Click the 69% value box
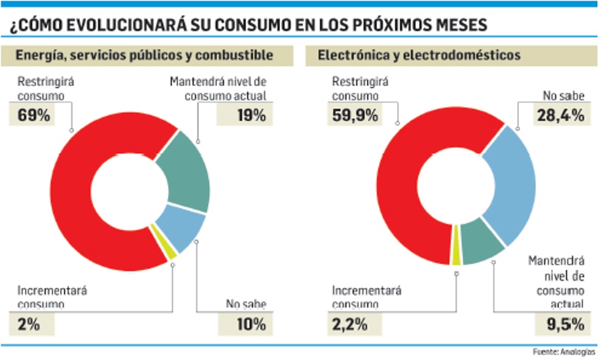tap(34, 115)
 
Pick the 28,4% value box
tap(560, 115)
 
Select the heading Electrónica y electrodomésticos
tap(418, 56)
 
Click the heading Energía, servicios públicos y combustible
tap(144, 56)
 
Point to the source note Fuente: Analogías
tap(565, 352)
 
